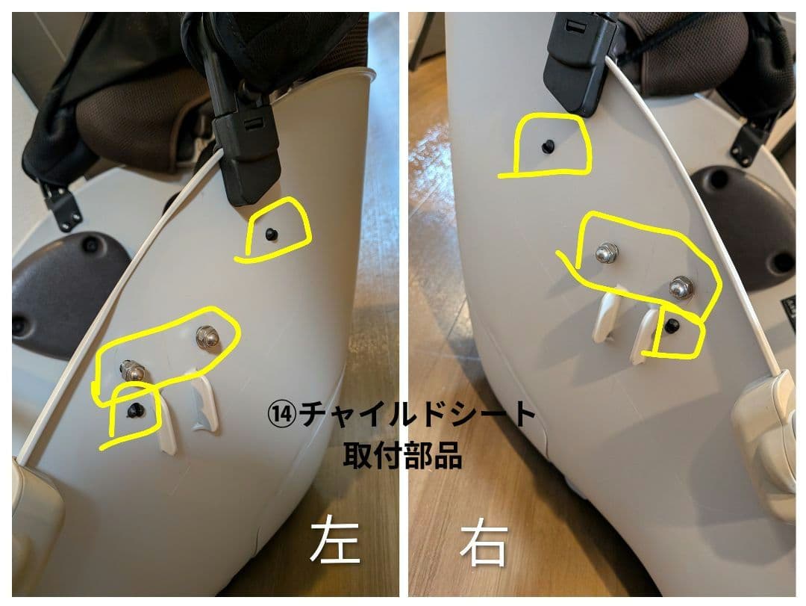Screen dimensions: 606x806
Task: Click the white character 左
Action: pyautogui.click(x=335, y=542)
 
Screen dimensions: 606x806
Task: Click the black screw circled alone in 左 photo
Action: pyautogui.click(x=271, y=235)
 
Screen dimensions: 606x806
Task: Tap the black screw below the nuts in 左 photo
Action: pyautogui.click(x=134, y=409)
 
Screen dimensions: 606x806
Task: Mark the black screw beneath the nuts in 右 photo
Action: pyautogui.click(x=672, y=324)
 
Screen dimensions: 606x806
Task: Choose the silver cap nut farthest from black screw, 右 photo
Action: pyautogui.click(x=605, y=253)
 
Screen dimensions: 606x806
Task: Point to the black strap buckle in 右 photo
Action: pyautogui.click(x=578, y=60)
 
